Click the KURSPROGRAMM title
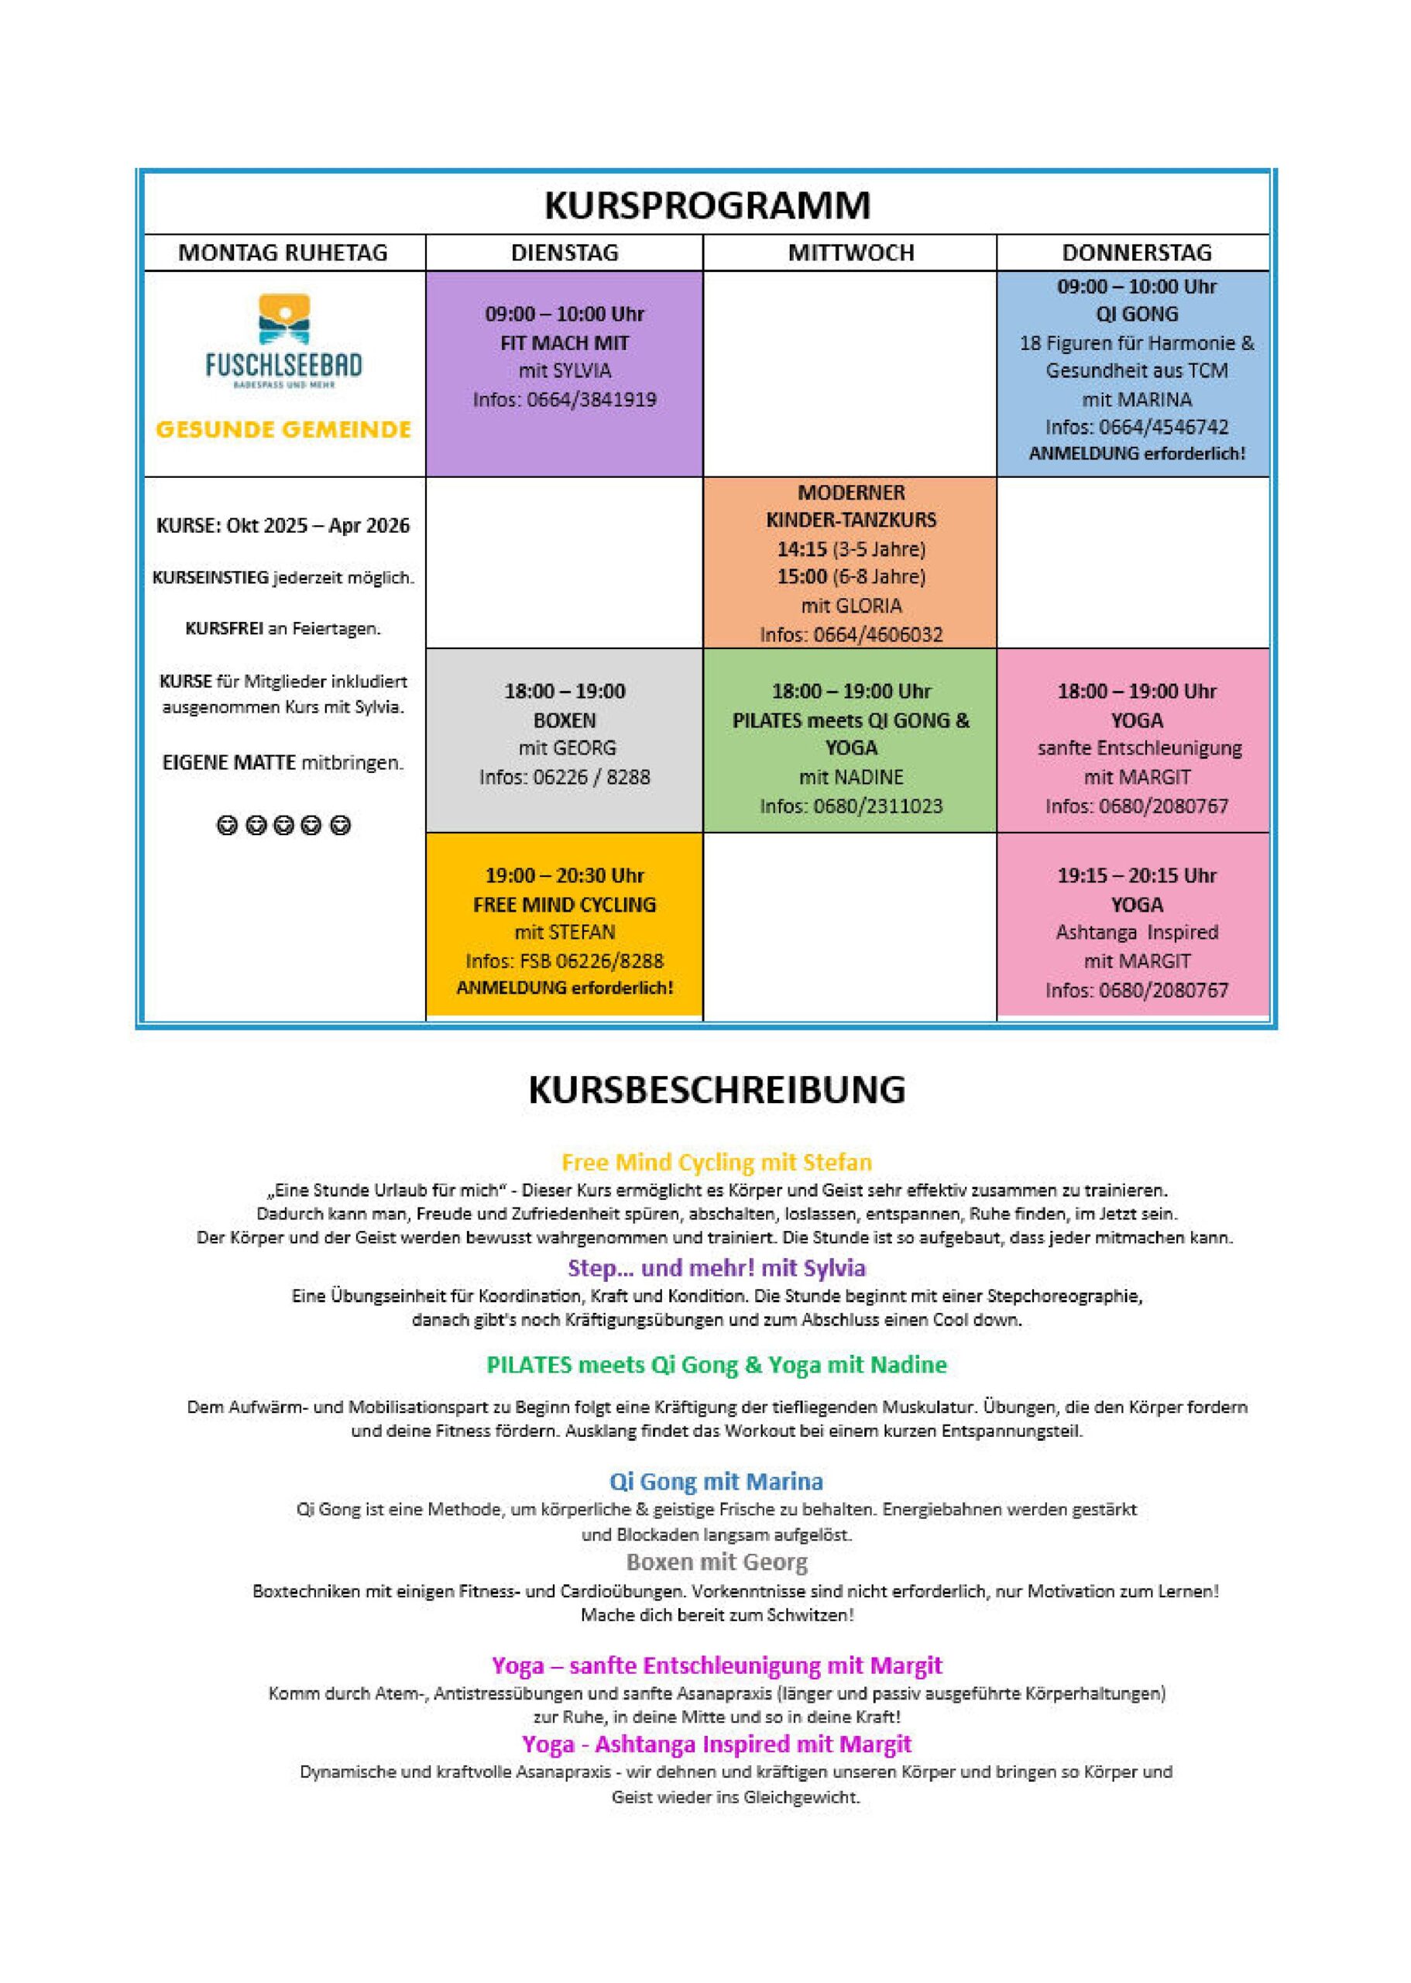pyautogui.click(x=706, y=206)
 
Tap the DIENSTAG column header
pyautogui.click(x=565, y=253)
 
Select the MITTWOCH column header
pyautogui.click(x=850, y=253)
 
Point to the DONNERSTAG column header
pyautogui.click(x=1135, y=253)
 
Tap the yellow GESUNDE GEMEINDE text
pyautogui.click(x=283, y=429)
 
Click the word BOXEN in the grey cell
pyautogui.click(x=565, y=720)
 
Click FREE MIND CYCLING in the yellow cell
pyautogui.click(x=565, y=905)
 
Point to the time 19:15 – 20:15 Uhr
pyautogui.click(x=1136, y=875)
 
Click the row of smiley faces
pyautogui.click(x=283, y=826)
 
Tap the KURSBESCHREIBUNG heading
pyautogui.click(x=717, y=1090)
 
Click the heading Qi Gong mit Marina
pyautogui.click(x=717, y=1482)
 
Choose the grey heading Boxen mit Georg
pyautogui.click(x=717, y=1562)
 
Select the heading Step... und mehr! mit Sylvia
pyautogui.click(x=717, y=1268)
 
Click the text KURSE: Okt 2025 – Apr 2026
pyautogui.click(x=283, y=526)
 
